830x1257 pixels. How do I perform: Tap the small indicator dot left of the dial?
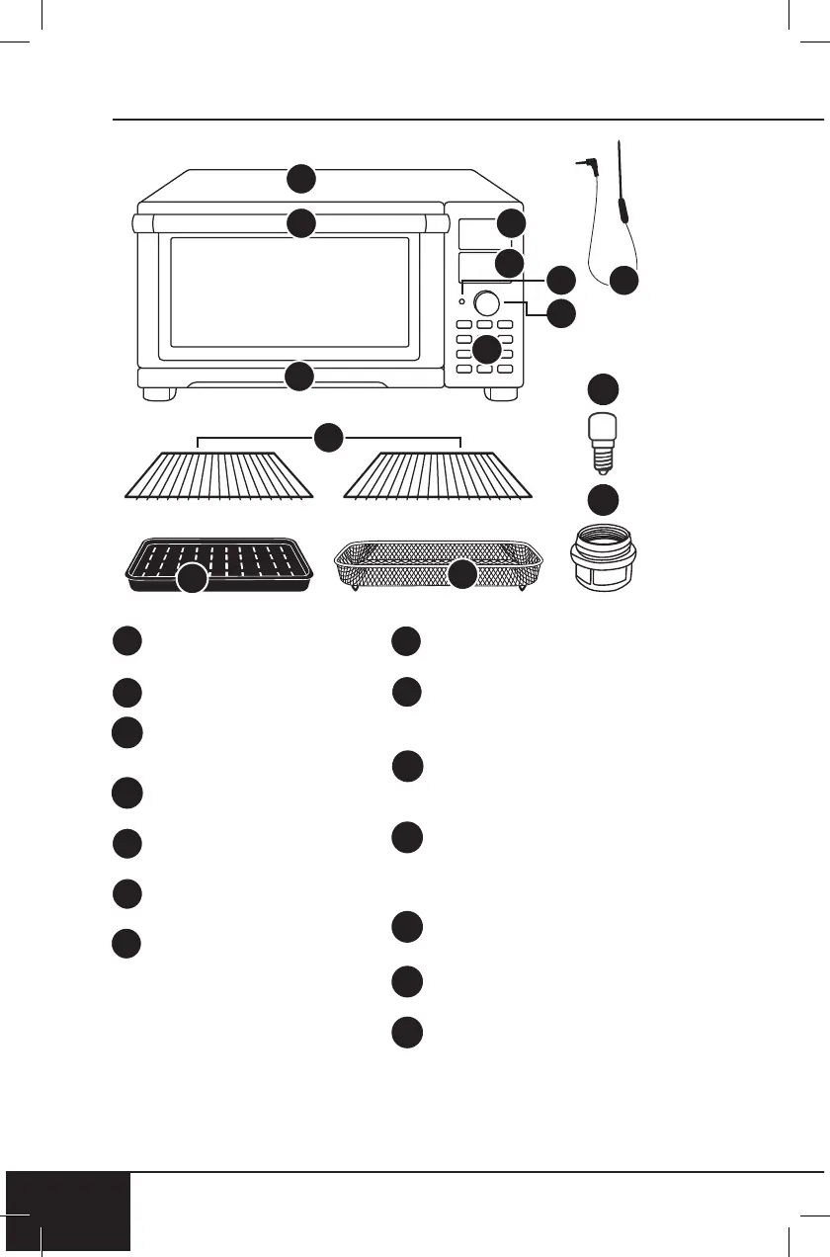(462, 300)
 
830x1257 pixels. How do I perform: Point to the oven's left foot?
(157, 393)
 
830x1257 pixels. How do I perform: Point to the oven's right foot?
(501, 393)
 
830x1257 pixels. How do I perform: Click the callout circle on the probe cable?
(622, 281)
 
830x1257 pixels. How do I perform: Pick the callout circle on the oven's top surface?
(301, 179)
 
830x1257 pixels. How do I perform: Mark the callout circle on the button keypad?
(486, 349)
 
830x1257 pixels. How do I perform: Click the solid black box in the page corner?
(67, 1214)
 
